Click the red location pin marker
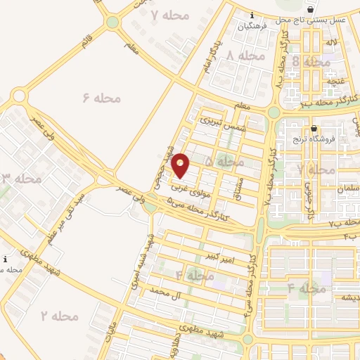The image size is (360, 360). point(181,165)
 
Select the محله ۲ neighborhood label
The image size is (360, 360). point(59,316)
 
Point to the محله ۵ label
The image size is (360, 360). point(225,162)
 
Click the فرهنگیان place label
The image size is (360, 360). point(252,27)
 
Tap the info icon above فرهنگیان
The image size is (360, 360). point(252,15)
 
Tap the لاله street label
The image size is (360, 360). point(331,42)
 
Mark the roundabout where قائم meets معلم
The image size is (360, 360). point(112,22)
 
